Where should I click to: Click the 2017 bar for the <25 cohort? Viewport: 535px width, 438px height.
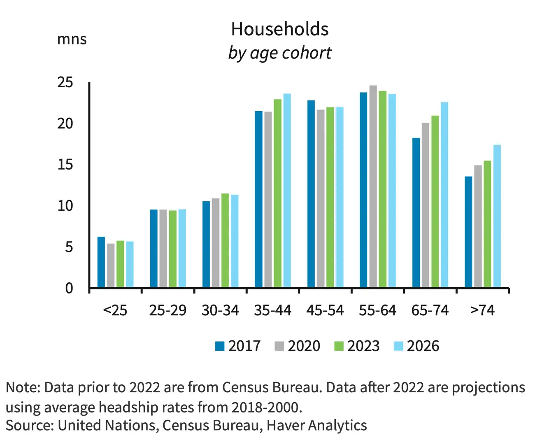[x=101, y=262]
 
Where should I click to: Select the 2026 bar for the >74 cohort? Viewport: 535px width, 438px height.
[x=497, y=216]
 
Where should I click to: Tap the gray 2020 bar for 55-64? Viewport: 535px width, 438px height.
[x=373, y=186]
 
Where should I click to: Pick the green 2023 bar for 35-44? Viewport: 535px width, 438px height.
[x=277, y=193]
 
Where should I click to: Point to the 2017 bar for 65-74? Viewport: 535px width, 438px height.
[x=416, y=212]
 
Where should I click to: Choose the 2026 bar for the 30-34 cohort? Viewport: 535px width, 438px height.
[x=235, y=241]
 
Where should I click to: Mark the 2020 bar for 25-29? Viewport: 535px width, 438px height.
[x=163, y=248]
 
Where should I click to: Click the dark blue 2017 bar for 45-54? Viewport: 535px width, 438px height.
[x=311, y=193]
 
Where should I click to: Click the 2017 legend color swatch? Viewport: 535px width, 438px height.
[x=220, y=346]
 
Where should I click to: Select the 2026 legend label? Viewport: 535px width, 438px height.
[x=423, y=346]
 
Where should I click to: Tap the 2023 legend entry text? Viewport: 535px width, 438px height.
[x=363, y=346]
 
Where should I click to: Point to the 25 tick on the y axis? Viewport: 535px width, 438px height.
[x=65, y=82]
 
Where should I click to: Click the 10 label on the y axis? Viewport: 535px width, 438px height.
[x=65, y=205]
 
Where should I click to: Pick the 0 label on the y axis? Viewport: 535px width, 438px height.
[x=69, y=288]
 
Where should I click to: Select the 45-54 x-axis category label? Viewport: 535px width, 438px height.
[x=325, y=310]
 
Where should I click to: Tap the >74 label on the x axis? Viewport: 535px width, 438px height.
[x=482, y=310]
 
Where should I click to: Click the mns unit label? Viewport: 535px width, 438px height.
[x=72, y=40]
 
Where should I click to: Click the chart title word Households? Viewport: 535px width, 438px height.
[x=280, y=29]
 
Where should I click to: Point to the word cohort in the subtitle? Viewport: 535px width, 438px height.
[x=307, y=53]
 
